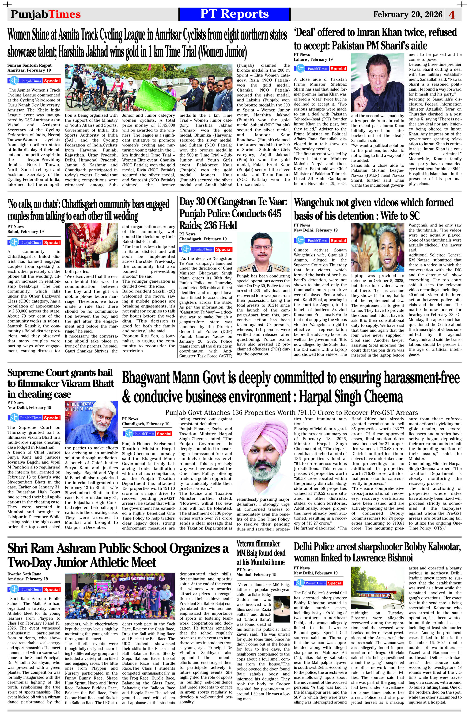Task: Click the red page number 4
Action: pyautogui.click(x=452, y=15)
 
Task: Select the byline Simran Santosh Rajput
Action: pyautogui.click(x=30, y=65)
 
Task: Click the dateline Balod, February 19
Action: pyautogui.click(x=26, y=231)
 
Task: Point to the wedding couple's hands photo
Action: pyautogui.click(x=91, y=245)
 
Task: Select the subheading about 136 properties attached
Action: pyautogui.click(x=291, y=412)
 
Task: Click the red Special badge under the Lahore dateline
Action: pyautogui.click(x=338, y=69)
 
